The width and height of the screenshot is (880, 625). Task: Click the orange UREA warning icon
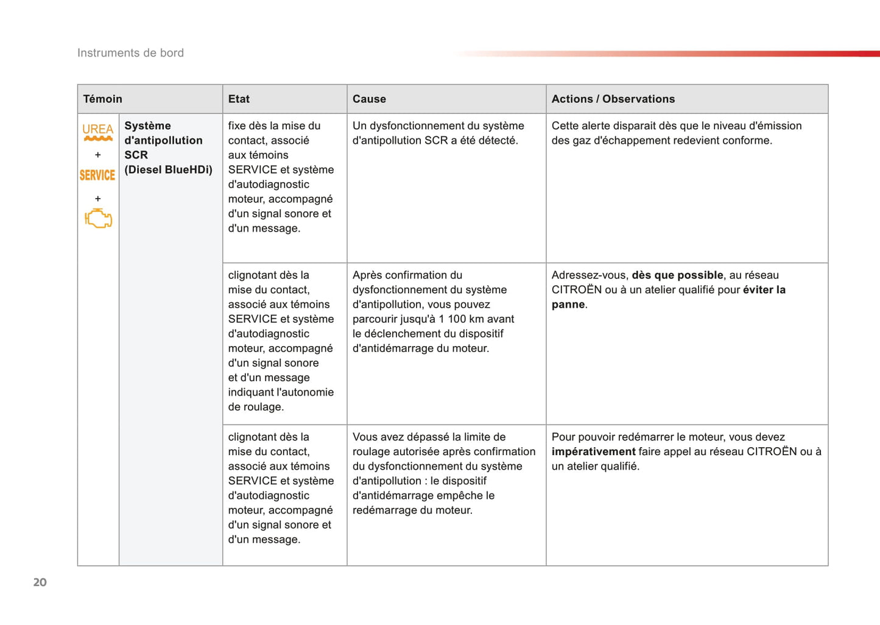[97, 132]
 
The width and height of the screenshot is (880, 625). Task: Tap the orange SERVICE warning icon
[97, 175]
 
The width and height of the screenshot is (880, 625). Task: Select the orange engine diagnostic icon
[98, 218]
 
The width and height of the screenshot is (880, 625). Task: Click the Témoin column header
[103, 99]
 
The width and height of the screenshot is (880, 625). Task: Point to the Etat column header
[239, 99]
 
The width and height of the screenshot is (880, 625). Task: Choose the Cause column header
[369, 99]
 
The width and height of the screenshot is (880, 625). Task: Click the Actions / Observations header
[613, 99]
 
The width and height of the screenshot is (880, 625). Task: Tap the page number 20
[40, 582]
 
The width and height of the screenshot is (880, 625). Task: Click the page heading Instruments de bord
[130, 53]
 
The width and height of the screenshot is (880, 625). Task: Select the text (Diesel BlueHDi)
[168, 170]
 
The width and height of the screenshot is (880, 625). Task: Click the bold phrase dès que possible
[677, 275]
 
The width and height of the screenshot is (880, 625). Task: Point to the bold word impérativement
[593, 452]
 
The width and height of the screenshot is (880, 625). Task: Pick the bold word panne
[568, 305]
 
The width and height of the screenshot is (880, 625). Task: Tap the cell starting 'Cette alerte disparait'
[676, 133]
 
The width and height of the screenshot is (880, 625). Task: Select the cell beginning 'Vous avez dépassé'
[443, 473]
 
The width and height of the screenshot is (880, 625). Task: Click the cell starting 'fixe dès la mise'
[281, 177]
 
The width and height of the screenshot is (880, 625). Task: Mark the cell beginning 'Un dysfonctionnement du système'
[438, 133]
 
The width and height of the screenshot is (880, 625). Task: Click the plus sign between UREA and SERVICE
[97, 155]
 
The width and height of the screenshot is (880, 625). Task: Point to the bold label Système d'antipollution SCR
[163, 140]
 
